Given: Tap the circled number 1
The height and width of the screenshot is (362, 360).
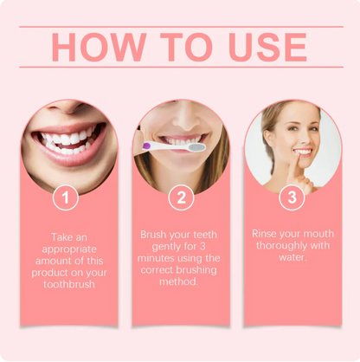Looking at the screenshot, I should [66, 198].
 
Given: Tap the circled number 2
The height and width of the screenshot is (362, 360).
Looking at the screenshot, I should [180, 198].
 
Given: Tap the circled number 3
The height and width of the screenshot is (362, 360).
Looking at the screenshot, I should [292, 198].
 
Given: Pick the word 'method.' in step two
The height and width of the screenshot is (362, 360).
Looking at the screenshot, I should [180, 282].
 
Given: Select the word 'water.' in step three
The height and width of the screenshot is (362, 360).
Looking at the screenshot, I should [292, 258].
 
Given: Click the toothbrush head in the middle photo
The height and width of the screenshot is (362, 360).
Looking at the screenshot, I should [196, 147].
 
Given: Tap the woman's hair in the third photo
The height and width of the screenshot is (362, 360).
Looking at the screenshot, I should [267, 130].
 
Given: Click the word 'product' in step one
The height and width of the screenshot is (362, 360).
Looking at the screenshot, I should [48, 273].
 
